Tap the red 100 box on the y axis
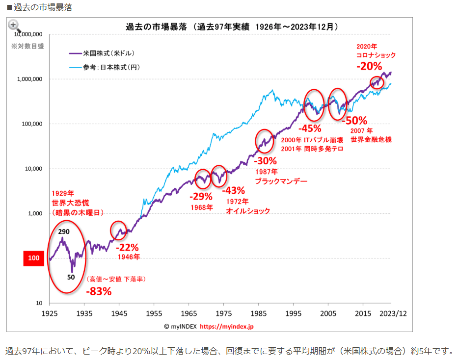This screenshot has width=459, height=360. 34,258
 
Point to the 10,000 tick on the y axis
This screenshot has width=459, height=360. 33,169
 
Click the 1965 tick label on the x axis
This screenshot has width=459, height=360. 189,313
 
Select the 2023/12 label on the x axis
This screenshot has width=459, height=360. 393,313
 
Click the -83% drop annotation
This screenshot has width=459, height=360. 99,291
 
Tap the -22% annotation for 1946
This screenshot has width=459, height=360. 127,247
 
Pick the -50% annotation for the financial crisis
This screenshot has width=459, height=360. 354,121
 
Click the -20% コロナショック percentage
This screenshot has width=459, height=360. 369,66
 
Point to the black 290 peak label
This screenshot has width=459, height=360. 63,232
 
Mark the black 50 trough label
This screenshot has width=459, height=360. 71,277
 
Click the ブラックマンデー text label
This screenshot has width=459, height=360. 281,181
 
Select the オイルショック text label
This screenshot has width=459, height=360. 247,211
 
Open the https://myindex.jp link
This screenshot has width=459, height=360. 227,326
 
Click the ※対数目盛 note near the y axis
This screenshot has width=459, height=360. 27,46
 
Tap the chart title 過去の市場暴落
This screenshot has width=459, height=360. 156,27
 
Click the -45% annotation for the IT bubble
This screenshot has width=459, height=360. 310,129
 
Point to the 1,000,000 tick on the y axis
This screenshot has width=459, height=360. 29,79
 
